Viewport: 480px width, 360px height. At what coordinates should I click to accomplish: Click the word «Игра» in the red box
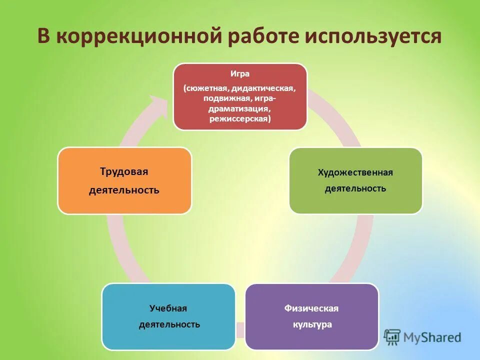240,73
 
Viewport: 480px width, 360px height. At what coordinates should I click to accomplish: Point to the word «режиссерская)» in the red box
240,119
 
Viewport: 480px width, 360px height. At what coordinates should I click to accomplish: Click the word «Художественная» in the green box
355,172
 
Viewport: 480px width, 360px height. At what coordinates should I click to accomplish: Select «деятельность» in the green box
355,188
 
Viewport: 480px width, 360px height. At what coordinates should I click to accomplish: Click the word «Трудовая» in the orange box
124,172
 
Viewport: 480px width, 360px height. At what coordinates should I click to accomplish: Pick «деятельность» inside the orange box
124,190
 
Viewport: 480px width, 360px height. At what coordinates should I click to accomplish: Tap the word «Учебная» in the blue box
168,308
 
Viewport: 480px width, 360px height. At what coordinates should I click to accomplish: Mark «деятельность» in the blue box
169,324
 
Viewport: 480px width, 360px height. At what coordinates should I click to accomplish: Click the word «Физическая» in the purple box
311,308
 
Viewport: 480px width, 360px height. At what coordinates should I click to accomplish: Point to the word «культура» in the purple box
312,324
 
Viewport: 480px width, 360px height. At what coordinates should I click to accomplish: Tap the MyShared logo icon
392,336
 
